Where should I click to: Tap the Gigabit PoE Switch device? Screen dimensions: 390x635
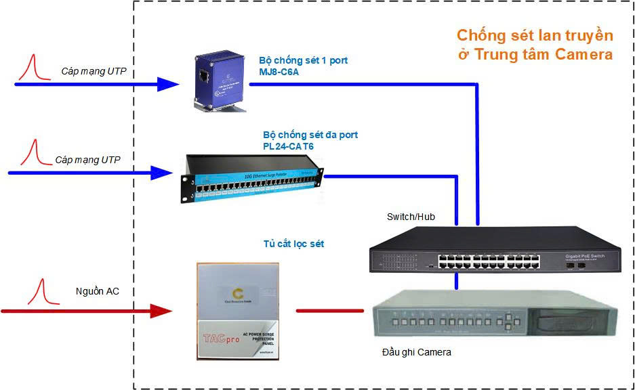click(x=495, y=251)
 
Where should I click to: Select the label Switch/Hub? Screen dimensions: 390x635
click(x=411, y=217)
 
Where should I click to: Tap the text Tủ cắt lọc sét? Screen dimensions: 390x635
click(x=293, y=243)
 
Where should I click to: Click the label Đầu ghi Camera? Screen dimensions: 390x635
click(x=416, y=352)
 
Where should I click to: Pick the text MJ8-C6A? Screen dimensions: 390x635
click(x=279, y=72)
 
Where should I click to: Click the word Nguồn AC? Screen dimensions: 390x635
click(x=97, y=291)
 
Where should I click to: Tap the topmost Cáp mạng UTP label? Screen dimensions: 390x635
click(x=94, y=71)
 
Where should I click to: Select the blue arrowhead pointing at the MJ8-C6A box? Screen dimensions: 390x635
click(x=167, y=84)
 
